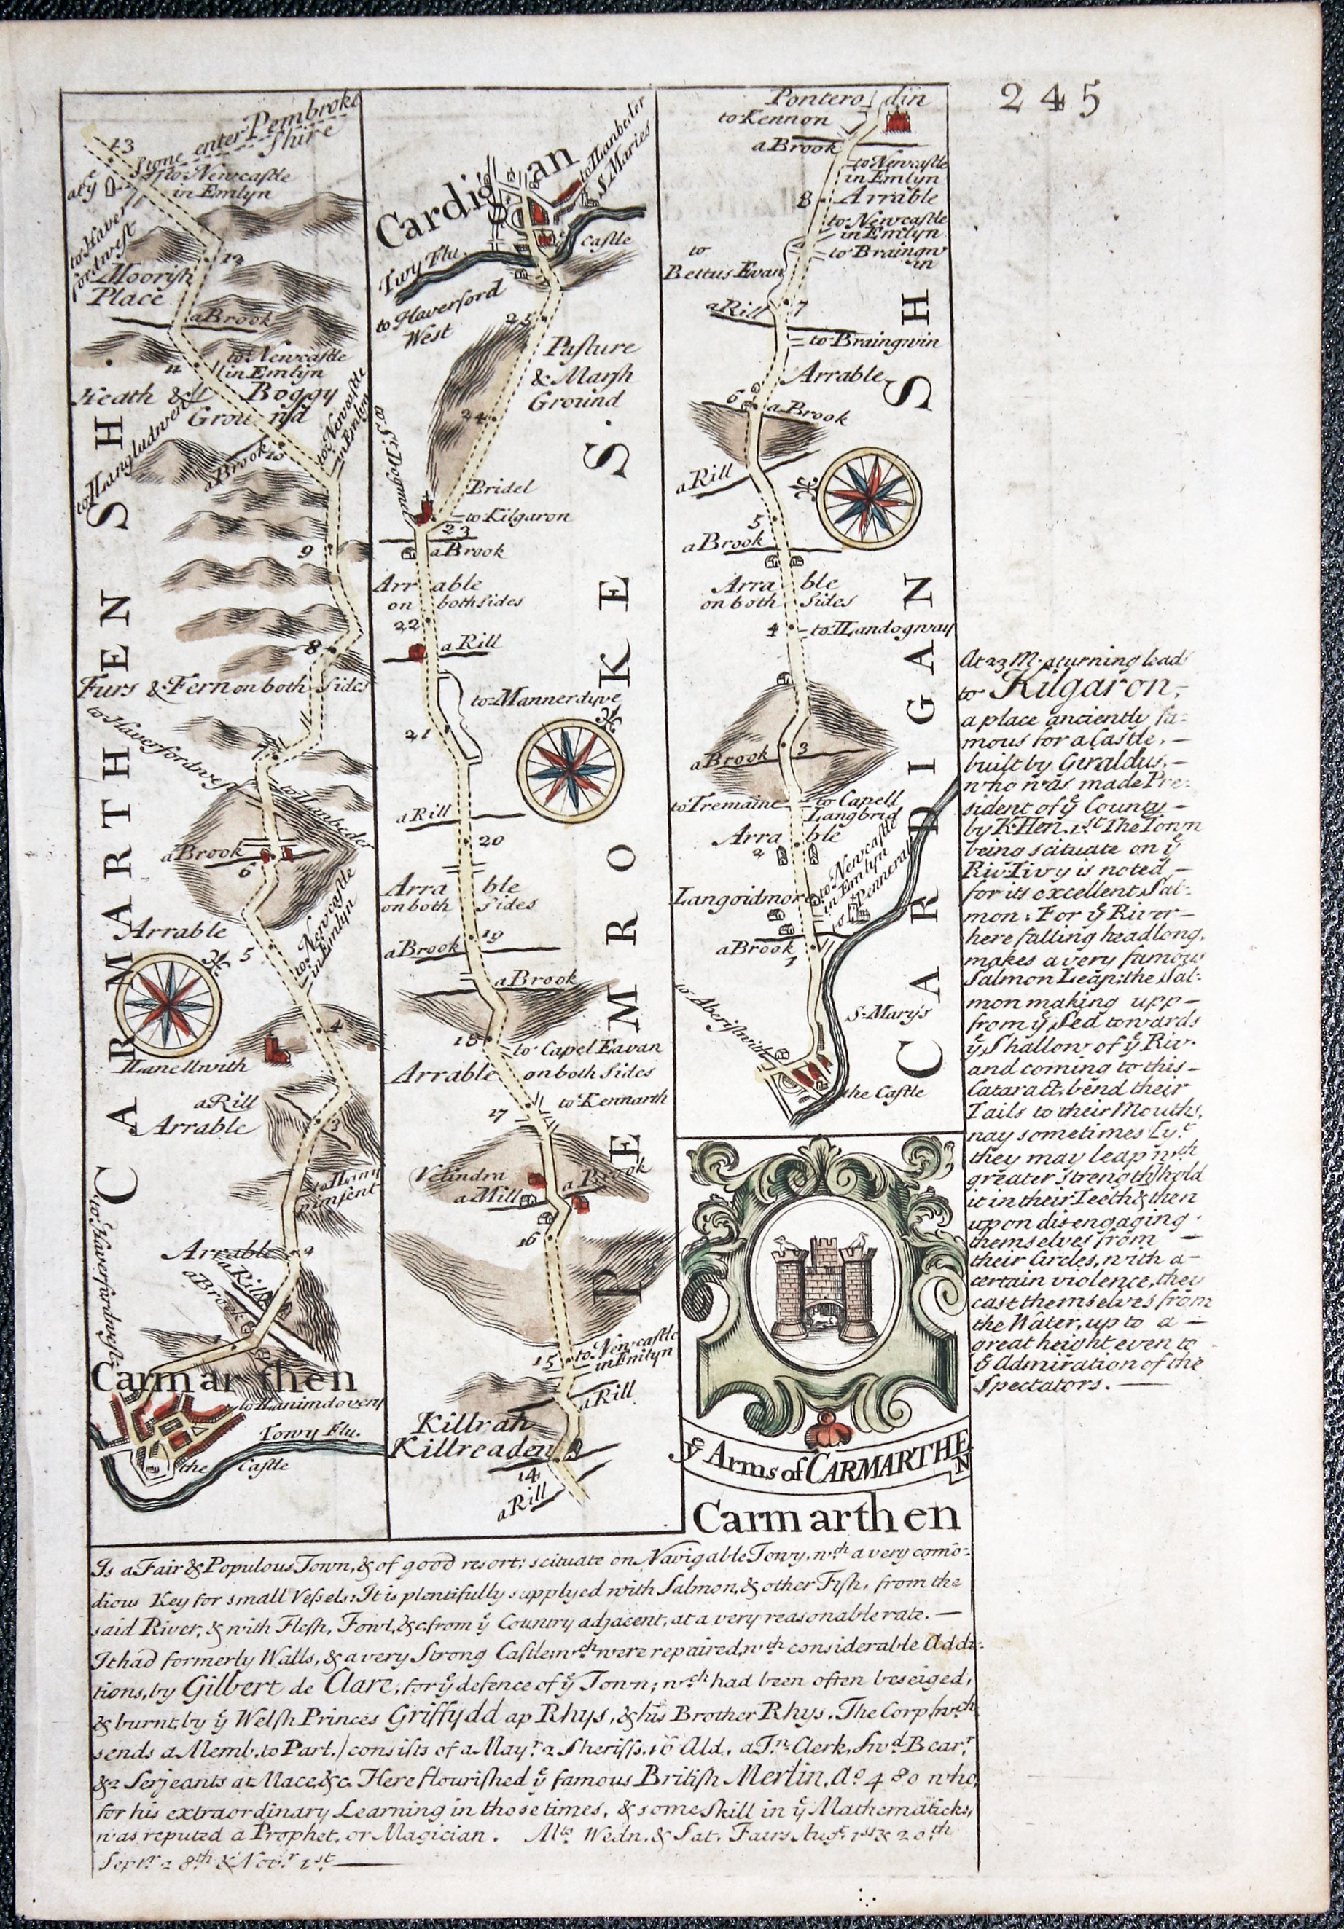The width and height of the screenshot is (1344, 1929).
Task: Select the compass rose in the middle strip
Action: point(571,768)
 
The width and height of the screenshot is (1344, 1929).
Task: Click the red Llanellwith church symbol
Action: point(273,1048)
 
